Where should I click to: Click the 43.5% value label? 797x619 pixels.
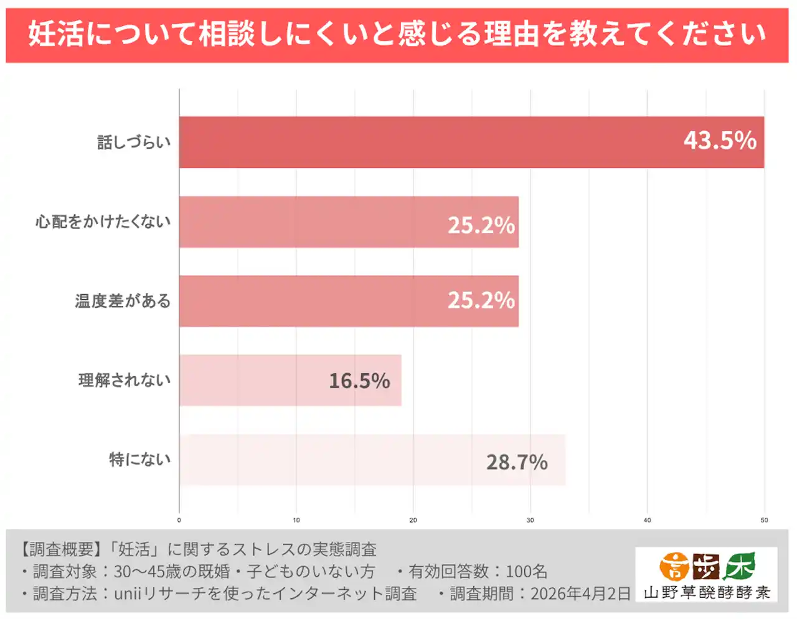tap(720, 141)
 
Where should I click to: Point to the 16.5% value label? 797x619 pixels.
tap(359, 381)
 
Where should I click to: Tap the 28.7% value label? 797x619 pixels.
tap(517, 462)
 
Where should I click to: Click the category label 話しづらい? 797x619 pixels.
tap(134, 142)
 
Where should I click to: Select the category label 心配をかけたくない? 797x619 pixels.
tap(103, 221)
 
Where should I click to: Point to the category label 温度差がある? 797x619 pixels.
tap(123, 301)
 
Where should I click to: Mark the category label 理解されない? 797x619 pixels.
tap(125, 380)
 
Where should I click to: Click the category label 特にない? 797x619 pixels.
tap(139, 459)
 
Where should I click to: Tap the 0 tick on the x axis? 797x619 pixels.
tap(179, 520)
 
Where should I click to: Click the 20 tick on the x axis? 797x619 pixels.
tap(413, 520)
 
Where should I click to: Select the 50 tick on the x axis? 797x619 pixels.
tap(764, 520)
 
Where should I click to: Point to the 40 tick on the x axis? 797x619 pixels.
tap(647, 520)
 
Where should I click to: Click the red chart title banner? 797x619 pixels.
tap(397, 34)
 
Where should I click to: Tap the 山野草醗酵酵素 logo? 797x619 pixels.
tap(706, 574)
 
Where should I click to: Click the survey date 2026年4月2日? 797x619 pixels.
tap(580, 593)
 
